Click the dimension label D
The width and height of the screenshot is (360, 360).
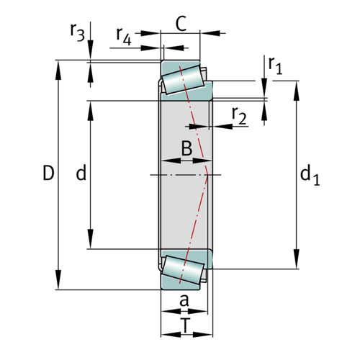click(x=48, y=173)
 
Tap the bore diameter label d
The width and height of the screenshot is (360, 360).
click(x=81, y=173)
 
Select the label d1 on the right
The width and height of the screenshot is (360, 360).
click(x=310, y=175)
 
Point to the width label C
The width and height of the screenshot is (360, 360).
click(x=181, y=24)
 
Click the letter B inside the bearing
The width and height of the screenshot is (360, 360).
click(x=186, y=148)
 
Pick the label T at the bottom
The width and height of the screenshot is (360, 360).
click(x=185, y=325)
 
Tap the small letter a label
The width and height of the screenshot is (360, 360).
click(x=184, y=300)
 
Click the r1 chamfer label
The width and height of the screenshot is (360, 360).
click(x=275, y=66)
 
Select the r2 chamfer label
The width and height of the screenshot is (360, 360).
click(x=239, y=116)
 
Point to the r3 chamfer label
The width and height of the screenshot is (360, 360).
click(x=77, y=32)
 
